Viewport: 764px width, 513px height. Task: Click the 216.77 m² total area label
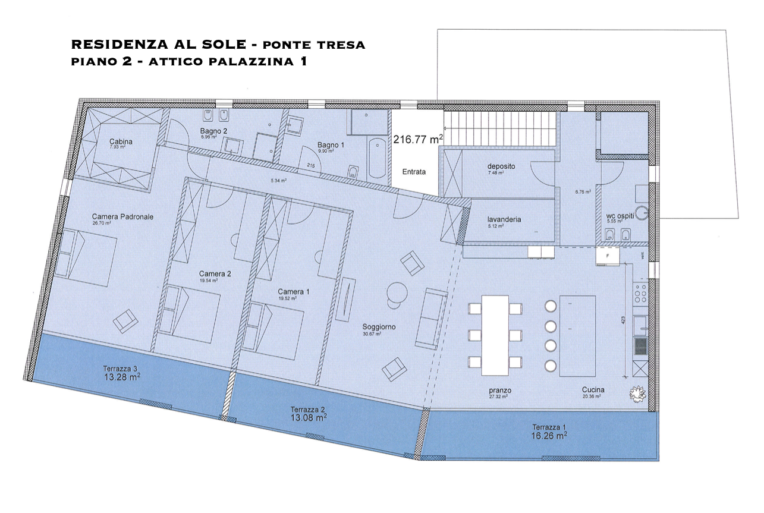[418, 140]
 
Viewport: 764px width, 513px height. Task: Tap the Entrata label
[414, 172]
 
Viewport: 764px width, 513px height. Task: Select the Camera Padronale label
[122, 217]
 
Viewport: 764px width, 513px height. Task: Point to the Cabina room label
[121, 141]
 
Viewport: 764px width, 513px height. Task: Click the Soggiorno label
[379, 327]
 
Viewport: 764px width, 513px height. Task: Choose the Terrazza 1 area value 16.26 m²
[549, 435]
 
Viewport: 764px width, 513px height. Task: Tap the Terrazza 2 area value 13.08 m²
[307, 417]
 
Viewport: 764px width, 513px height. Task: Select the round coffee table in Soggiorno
[397, 292]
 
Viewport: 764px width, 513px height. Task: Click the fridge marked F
[608, 256]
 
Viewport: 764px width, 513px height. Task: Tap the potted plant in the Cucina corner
[638, 393]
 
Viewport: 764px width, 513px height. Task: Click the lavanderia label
[504, 219]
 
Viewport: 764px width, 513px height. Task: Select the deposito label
[501, 166]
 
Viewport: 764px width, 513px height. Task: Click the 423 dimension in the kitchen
[624, 320]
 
